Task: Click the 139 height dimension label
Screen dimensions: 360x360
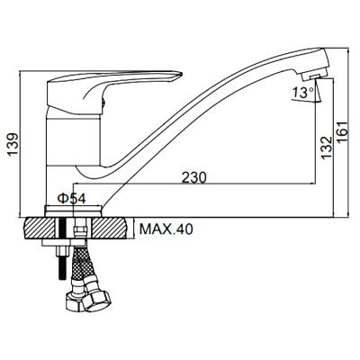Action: click(x=13, y=145)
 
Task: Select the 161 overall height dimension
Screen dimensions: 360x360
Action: click(x=343, y=132)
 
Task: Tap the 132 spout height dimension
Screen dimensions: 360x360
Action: click(x=326, y=148)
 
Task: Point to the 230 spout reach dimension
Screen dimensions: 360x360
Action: click(x=194, y=177)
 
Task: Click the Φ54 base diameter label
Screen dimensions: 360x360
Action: click(x=71, y=198)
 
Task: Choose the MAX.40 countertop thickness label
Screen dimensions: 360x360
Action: click(x=166, y=229)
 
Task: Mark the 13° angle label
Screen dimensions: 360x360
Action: click(x=302, y=92)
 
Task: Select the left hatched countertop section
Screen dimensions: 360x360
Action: click(x=39, y=228)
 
